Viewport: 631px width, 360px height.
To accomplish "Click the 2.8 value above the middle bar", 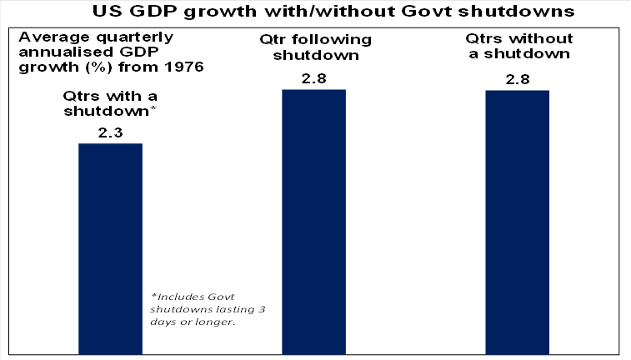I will (x=313, y=78).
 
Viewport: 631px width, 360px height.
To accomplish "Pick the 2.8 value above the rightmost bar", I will (x=517, y=79).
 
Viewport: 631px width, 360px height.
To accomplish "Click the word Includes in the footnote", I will (x=177, y=296).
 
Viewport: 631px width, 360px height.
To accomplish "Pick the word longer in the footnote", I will (x=210, y=322).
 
